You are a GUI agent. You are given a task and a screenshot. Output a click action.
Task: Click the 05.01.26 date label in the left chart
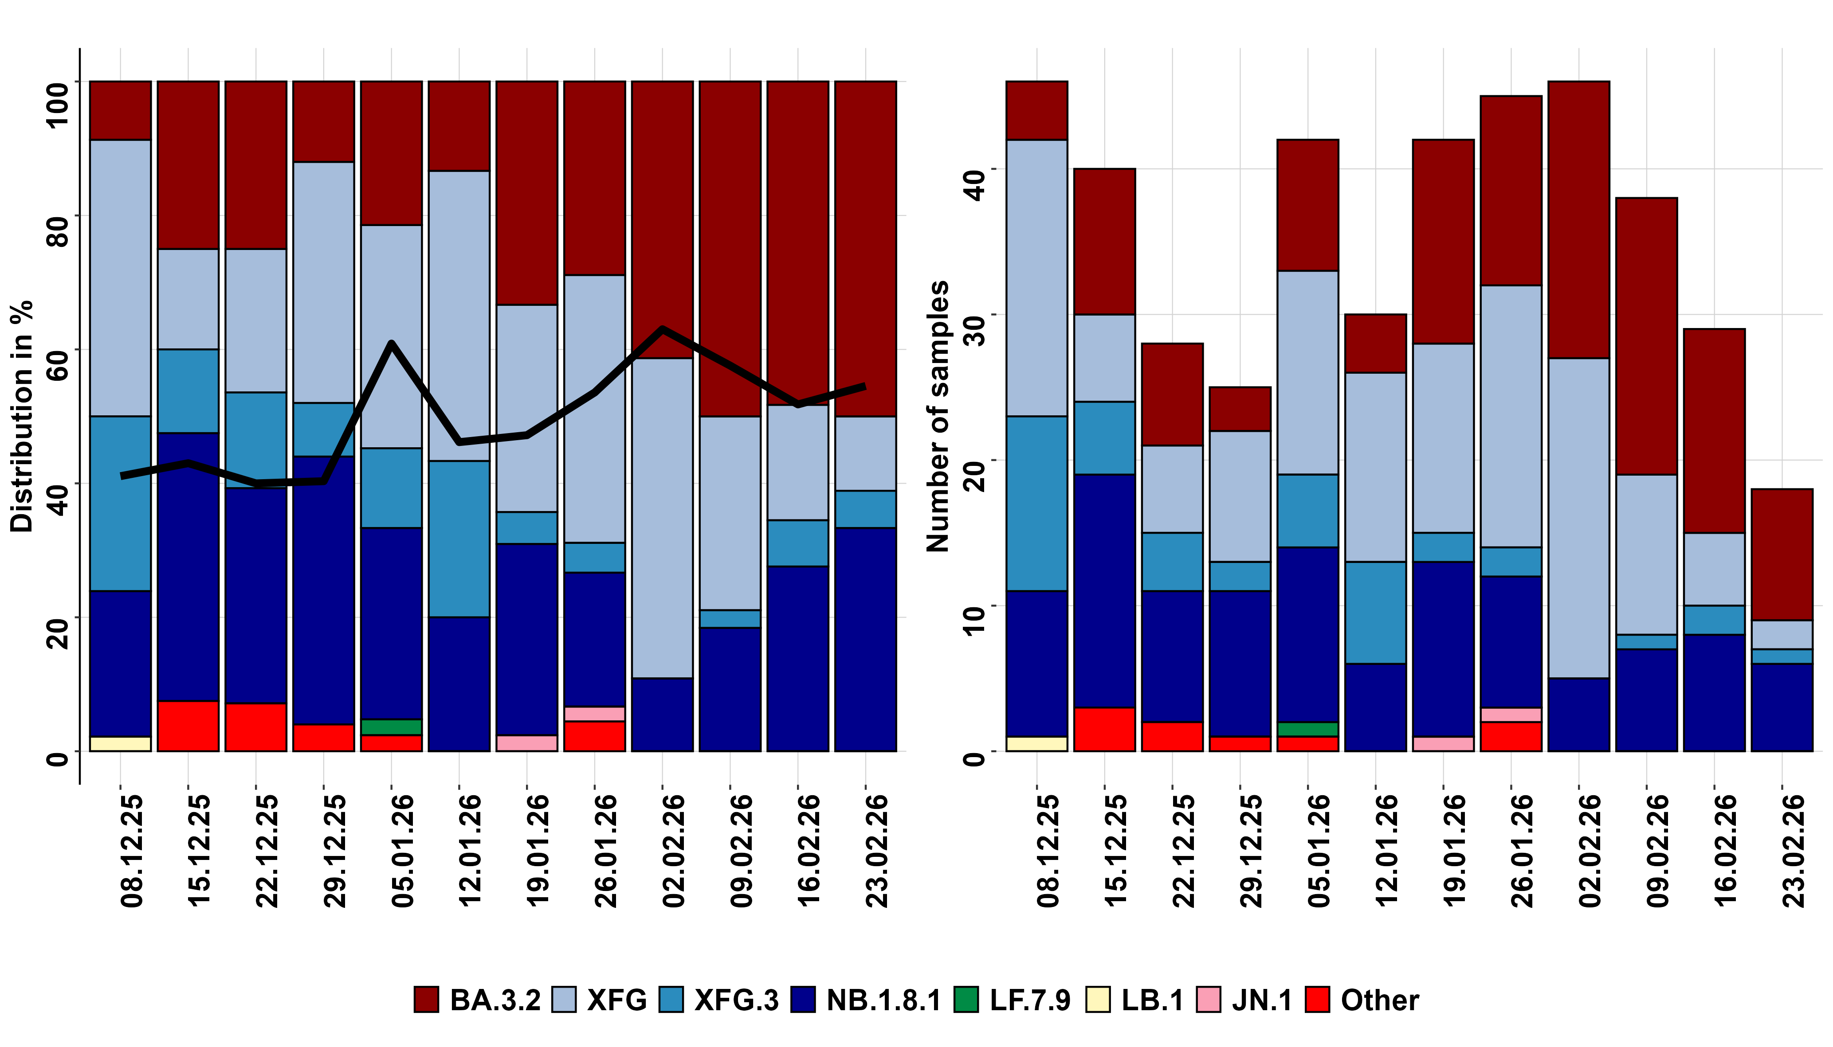tap(402, 850)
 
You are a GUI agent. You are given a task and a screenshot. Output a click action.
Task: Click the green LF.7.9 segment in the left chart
tap(391, 727)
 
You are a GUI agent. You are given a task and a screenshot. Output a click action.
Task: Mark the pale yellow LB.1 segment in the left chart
tap(120, 743)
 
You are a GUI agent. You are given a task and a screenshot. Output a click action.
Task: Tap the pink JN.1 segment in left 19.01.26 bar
tap(526, 743)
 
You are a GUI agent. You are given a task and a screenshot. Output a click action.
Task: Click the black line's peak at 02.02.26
tap(662, 329)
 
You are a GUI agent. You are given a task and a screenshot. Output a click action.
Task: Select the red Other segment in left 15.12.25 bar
tap(188, 726)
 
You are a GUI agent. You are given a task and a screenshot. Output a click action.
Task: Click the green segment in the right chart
tap(1308, 729)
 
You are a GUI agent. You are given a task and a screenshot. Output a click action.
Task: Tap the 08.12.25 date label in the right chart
tap(1048, 850)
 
